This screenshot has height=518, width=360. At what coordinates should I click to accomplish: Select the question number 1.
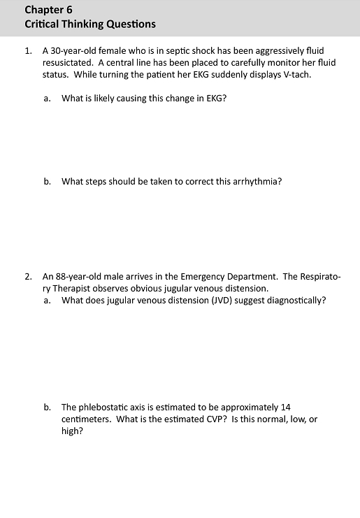(x=27, y=51)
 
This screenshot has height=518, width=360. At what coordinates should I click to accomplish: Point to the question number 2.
(x=27, y=277)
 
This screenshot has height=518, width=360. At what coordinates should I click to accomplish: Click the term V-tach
(x=295, y=75)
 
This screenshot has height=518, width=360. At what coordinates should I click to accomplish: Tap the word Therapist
(x=75, y=289)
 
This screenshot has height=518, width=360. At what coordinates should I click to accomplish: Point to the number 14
(x=285, y=407)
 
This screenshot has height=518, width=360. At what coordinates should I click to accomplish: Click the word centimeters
(x=86, y=419)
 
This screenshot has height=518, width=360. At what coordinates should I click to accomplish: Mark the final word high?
(x=72, y=431)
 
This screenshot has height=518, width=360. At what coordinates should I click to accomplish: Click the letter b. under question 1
(x=47, y=181)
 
